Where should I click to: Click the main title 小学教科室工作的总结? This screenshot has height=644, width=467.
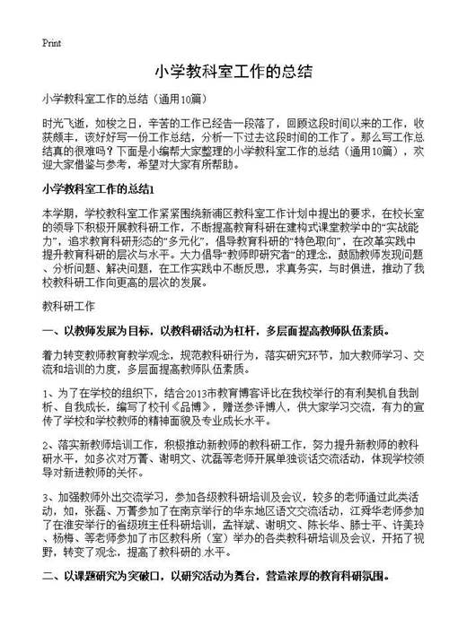coord(233,71)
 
